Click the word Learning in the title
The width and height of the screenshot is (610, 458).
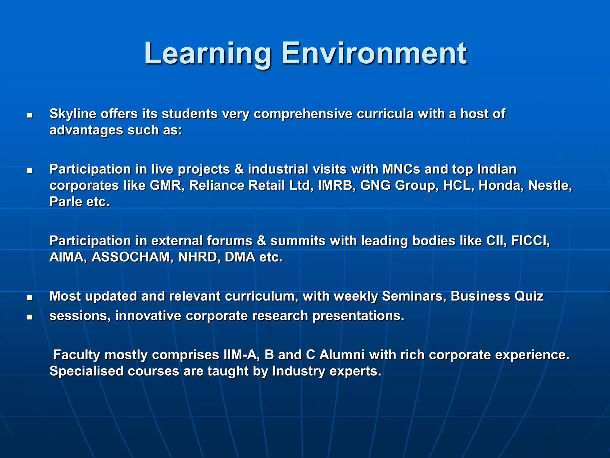click(207, 54)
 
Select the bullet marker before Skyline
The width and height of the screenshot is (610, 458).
click(29, 115)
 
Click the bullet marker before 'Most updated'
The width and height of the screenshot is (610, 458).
click(29, 298)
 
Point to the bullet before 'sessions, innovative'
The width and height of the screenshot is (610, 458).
click(29, 317)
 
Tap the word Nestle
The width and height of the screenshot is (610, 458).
click(550, 185)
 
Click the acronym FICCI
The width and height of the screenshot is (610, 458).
click(530, 241)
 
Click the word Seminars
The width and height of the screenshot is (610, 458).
click(414, 296)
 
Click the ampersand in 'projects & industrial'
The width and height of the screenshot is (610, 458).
click(239, 169)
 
